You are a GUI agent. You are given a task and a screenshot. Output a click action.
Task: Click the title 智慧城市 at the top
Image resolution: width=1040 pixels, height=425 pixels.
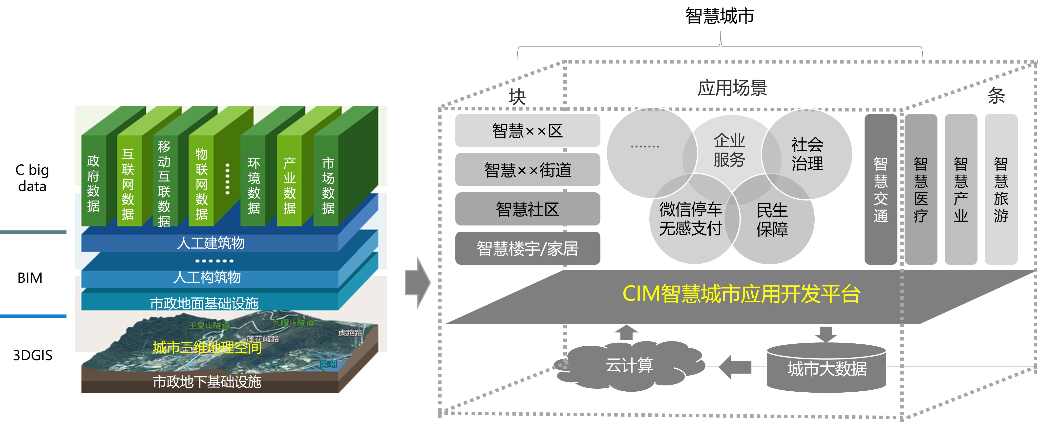coord(720,16)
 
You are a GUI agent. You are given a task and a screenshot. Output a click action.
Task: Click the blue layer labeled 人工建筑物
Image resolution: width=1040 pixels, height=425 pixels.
coord(210,243)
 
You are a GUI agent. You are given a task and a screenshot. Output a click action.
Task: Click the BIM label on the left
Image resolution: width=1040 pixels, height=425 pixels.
coord(30,278)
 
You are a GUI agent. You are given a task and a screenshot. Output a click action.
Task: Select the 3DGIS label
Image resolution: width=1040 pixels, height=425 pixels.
coord(32,355)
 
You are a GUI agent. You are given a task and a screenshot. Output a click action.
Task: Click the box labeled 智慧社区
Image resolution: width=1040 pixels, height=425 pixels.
coord(527,209)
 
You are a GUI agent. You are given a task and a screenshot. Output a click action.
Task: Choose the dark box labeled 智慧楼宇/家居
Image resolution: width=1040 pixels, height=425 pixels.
coord(527,248)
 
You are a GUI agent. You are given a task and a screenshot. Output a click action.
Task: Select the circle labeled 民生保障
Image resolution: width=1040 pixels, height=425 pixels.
coord(772,220)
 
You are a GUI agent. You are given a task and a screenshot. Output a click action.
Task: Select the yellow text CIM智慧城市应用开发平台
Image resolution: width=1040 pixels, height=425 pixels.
coord(741,294)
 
